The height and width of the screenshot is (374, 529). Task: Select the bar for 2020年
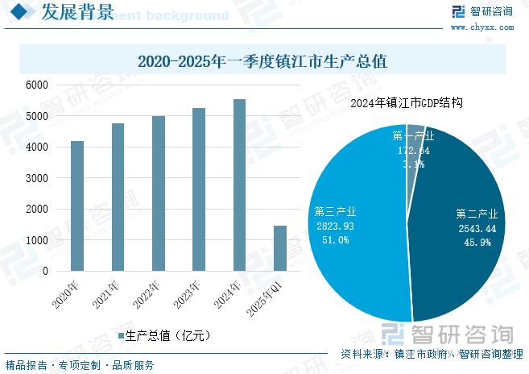pos(77,206)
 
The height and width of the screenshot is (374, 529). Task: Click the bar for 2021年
pos(118,197)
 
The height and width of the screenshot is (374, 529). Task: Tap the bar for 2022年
pos(159,193)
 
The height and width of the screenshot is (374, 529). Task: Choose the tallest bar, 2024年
pos(239,185)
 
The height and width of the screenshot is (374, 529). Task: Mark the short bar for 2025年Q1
pos(280,248)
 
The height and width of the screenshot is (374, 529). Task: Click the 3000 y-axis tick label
pos(38,178)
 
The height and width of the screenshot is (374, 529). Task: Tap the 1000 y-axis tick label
pos(38,240)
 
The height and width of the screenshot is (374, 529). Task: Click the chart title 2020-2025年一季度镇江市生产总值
pos(263,60)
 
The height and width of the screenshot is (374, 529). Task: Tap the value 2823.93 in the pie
pos(336,226)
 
